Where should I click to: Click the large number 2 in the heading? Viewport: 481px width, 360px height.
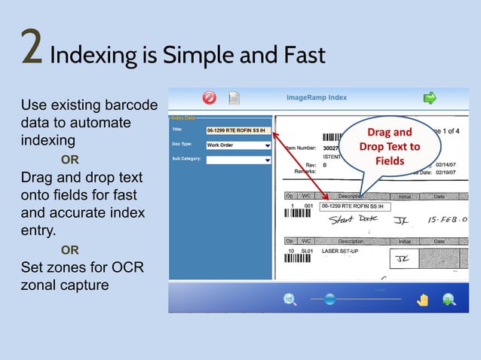[x=31, y=49]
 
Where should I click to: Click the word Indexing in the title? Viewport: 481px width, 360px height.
[x=91, y=55]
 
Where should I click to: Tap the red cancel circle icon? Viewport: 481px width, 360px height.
[x=210, y=97]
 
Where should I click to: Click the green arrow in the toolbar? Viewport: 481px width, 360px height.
[x=430, y=97]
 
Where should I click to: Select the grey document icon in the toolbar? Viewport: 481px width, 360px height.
[x=234, y=98]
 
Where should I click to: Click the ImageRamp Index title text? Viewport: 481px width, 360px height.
[x=317, y=97]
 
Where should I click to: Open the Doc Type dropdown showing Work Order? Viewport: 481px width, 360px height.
[x=237, y=145]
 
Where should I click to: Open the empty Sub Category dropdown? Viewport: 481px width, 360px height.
[x=237, y=160]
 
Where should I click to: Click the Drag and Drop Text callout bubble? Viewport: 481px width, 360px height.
[x=389, y=147]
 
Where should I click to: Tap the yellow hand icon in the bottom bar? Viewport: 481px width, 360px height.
[x=423, y=300]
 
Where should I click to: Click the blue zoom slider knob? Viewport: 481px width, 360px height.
[x=329, y=300]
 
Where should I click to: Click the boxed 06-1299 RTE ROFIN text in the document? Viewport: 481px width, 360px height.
[x=354, y=206]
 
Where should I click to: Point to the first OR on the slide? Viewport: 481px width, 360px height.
[x=69, y=160]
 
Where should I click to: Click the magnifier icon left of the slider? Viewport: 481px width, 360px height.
[x=289, y=300]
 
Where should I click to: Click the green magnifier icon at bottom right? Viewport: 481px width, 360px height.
[x=449, y=300]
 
